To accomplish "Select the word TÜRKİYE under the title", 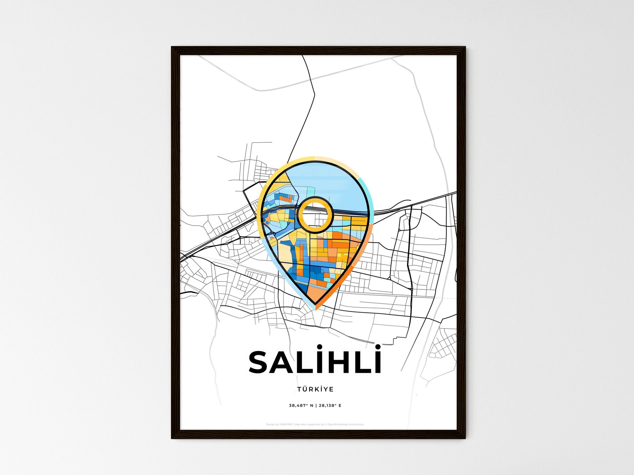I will click(315, 389).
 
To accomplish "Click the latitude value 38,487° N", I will click(301, 406).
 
